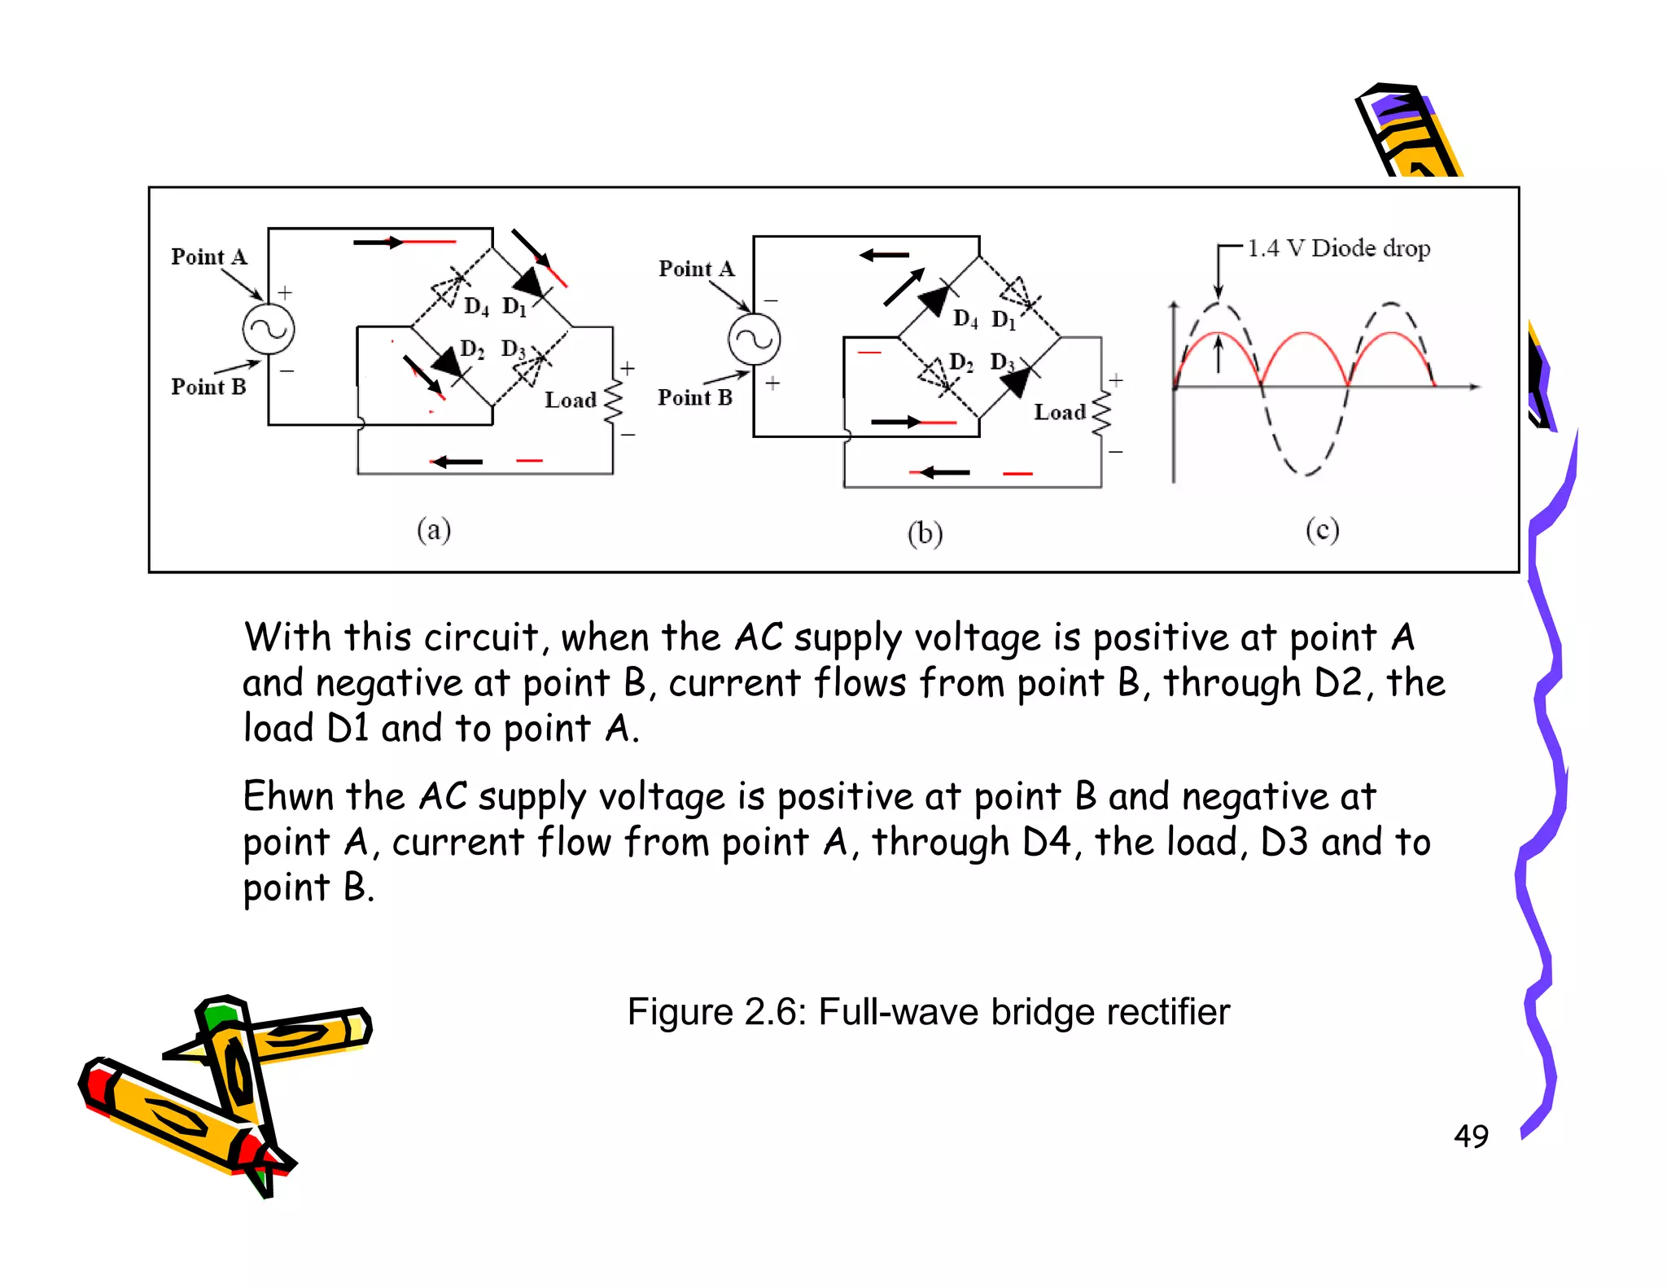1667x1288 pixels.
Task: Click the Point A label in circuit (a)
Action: click(x=208, y=256)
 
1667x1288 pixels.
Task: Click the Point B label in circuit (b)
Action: click(x=694, y=397)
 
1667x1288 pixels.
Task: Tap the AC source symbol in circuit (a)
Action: click(x=269, y=329)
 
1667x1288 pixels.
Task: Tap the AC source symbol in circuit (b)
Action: click(x=755, y=340)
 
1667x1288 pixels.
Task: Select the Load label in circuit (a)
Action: click(x=570, y=400)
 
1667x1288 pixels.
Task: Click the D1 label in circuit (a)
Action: click(x=514, y=306)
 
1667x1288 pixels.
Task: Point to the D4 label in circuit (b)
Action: click(x=965, y=318)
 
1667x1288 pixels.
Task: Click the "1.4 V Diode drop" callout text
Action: click(x=1338, y=248)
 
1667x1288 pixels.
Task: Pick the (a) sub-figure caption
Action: click(x=434, y=530)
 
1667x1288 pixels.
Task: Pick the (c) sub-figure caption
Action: click(x=1322, y=530)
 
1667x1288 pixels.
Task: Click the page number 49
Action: click(x=1471, y=1136)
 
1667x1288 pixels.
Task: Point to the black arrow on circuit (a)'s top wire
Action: click(x=378, y=242)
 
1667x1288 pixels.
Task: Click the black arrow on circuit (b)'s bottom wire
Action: click(x=944, y=472)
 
